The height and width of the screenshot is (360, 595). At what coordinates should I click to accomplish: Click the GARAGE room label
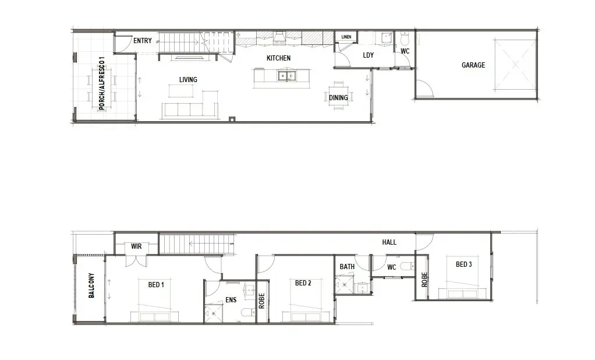point(473,65)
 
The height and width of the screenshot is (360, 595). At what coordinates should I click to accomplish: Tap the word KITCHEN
point(278,58)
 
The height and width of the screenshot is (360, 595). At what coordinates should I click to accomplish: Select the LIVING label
point(188,80)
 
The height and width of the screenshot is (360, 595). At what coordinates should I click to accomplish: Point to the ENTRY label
point(142,41)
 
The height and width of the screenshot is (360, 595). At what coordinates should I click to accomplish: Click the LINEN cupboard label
point(346,37)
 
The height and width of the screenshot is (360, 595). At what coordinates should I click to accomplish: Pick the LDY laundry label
point(368,55)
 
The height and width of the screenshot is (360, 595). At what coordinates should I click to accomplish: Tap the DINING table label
point(338,98)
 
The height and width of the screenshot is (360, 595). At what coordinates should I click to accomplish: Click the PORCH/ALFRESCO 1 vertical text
point(101,83)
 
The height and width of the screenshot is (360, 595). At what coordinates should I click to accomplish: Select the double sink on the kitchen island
point(286,76)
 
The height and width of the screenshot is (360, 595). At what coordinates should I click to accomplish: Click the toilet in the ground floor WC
point(404,38)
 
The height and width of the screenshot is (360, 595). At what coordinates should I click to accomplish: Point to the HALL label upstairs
point(389,242)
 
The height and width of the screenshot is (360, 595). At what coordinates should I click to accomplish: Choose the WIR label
point(136,246)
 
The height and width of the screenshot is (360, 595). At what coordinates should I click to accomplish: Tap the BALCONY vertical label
point(91,285)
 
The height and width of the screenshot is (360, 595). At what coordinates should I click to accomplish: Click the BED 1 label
point(156,284)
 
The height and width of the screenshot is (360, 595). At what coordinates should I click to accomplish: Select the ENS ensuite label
point(231,300)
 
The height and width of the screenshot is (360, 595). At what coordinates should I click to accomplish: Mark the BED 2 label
point(303,283)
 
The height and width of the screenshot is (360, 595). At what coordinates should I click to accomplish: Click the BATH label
point(347,267)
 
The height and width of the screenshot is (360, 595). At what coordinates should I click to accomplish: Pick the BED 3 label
point(463,264)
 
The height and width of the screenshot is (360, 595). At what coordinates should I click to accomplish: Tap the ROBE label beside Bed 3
point(424,280)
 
